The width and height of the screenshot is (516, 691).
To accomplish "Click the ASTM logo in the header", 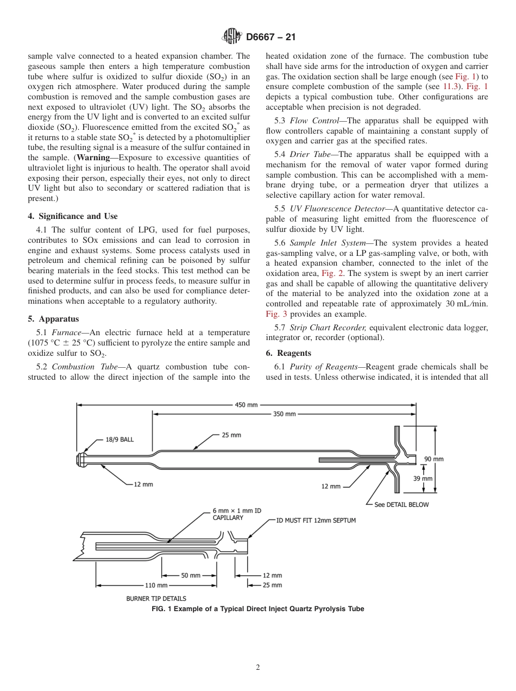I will coord(232,37).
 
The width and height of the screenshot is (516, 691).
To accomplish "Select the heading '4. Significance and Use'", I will coord(72,216).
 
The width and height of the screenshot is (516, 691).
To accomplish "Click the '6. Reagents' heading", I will coord(288,353).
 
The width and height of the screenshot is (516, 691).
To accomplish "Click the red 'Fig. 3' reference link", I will coord(276,314).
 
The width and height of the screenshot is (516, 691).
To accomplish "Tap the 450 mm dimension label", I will coord(246,405).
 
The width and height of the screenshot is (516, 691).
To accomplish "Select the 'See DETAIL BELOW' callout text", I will coord(401,505).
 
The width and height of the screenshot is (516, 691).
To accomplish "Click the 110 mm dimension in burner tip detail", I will coord(155,585).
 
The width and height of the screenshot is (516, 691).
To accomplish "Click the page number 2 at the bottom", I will coord(258,668).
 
